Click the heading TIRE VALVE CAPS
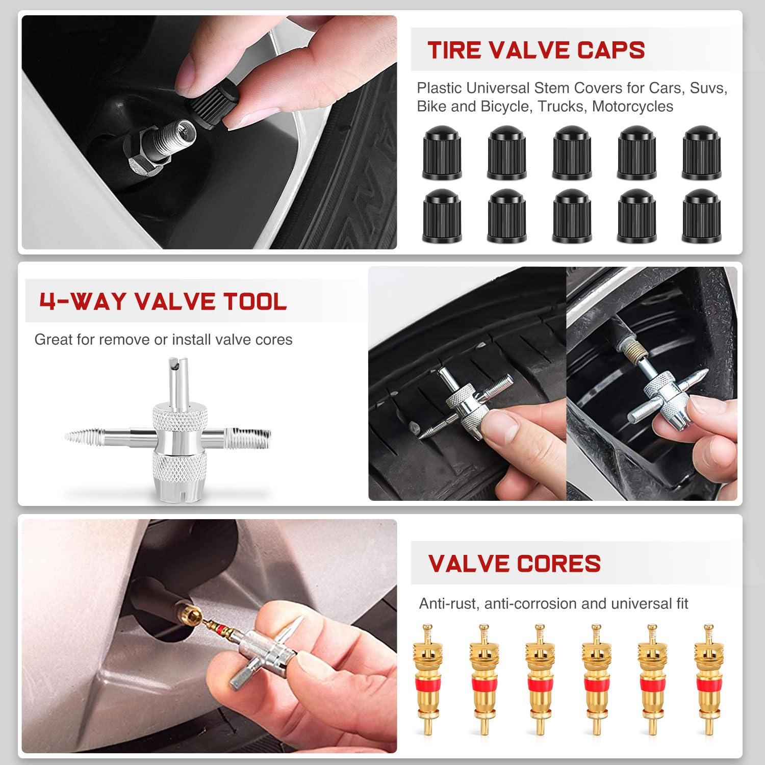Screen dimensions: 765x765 tap(536, 50)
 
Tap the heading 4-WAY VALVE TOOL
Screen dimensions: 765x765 tap(163, 301)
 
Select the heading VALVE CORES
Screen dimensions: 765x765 tap(514, 564)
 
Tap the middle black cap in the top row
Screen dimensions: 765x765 tap(571, 153)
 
